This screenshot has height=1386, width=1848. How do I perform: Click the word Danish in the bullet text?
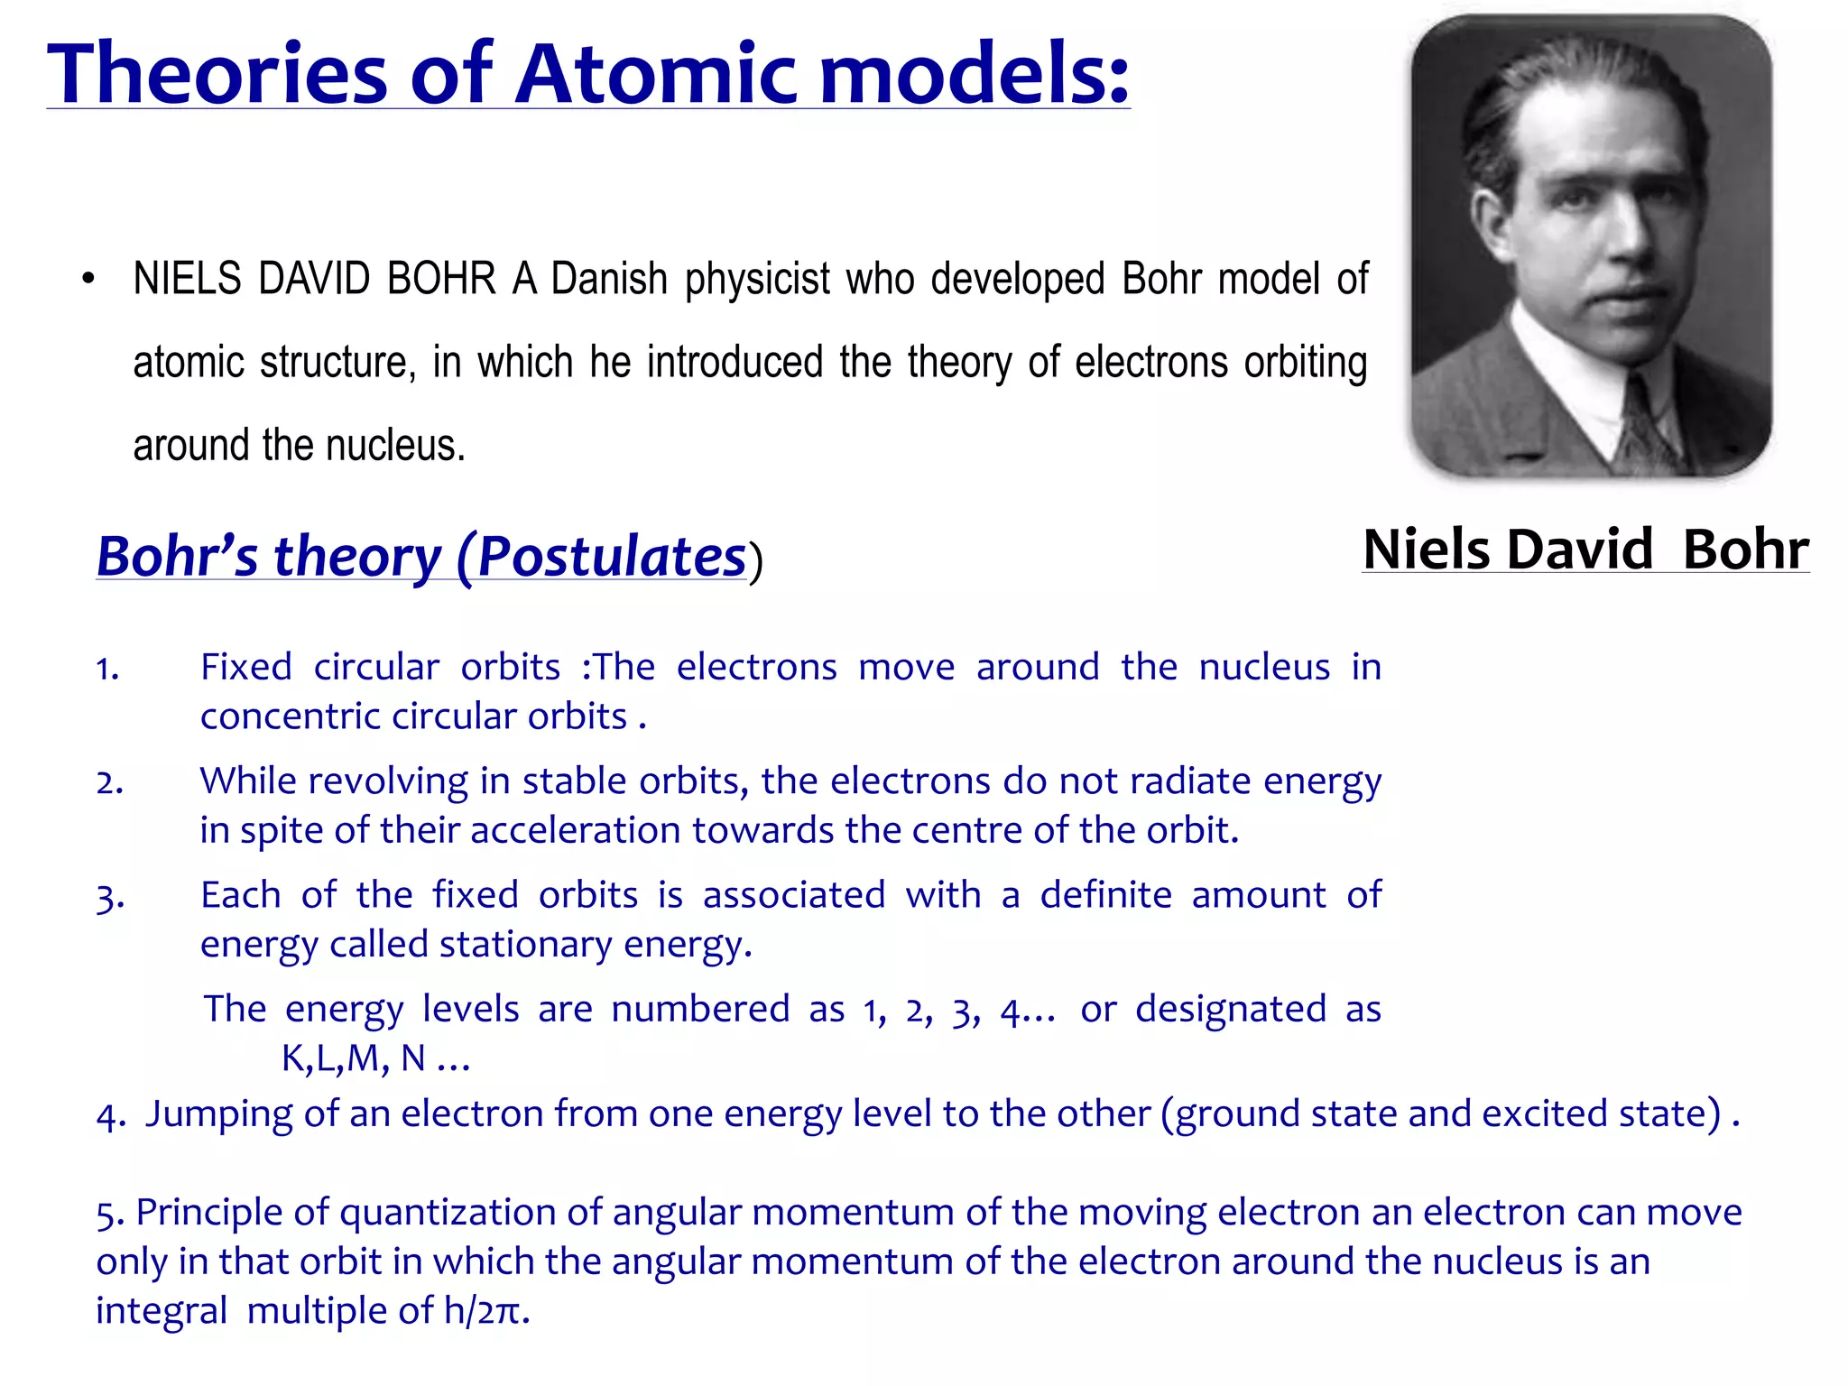(x=609, y=279)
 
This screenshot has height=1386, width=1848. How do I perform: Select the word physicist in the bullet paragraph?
(x=756, y=279)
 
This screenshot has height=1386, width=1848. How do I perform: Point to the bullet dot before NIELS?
(x=88, y=279)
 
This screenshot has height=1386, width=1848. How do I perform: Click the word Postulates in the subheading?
(x=611, y=556)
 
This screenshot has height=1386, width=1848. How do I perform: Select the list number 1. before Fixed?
(x=107, y=669)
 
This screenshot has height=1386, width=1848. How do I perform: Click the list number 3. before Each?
(x=109, y=897)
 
